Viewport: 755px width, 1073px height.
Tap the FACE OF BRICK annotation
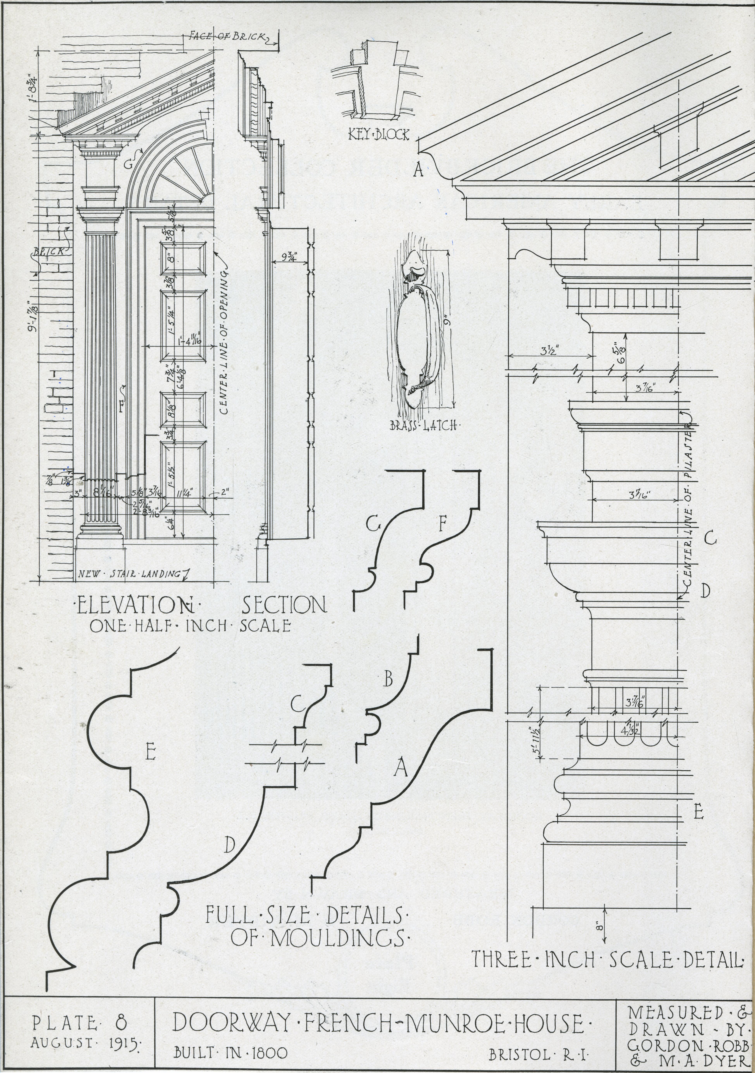point(228,36)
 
